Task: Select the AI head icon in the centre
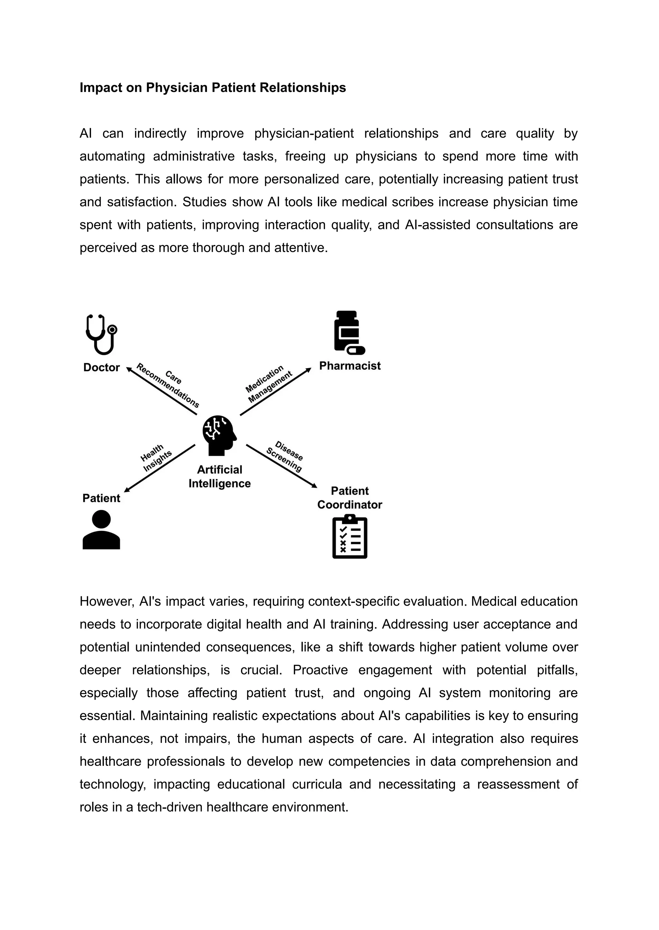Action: pos(219,435)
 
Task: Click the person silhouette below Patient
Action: pos(101,529)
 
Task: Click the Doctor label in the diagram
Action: pos(101,367)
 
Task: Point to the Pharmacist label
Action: pos(350,366)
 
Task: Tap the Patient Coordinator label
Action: pos(349,498)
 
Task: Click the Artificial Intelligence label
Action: pos(219,476)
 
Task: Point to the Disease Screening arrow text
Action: pos(285,456)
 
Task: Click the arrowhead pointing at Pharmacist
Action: pos(309,370)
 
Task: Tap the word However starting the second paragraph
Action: pos(106,601)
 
